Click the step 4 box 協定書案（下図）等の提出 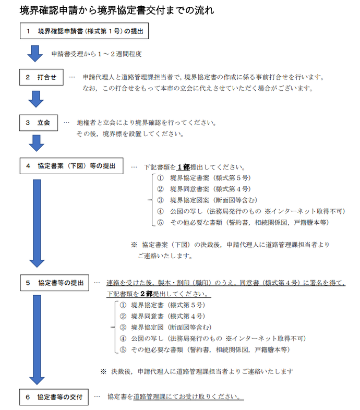[71, 166]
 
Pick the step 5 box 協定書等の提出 [55, 282]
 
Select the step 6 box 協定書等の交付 [55, 396]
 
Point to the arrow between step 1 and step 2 [35, 53]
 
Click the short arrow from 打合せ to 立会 [35, 99]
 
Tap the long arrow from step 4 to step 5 [35, 222]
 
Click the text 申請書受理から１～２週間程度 [97, 54]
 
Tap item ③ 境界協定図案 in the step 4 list [209, 200]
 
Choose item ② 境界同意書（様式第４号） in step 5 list [162, 316]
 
